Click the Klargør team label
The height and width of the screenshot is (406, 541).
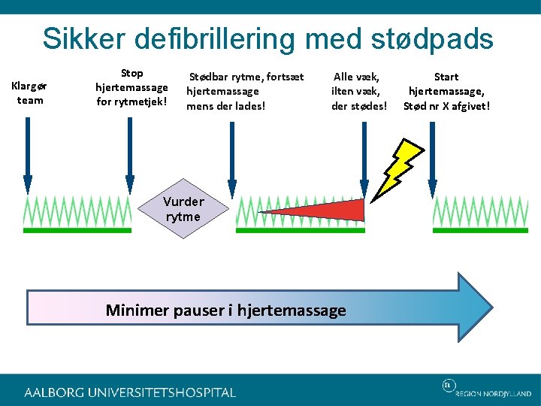29,94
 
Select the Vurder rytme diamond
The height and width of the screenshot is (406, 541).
183,210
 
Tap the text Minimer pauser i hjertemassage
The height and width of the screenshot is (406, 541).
225,310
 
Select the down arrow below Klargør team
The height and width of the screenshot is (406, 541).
29,150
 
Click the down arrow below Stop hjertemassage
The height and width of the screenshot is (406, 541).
130,150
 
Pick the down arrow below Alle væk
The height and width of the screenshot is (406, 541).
364,150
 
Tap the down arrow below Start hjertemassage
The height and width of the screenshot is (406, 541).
432,150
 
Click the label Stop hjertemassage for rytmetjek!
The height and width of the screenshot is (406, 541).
131,88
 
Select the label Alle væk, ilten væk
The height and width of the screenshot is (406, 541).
359,91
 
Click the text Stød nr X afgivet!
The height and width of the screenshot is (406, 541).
446,106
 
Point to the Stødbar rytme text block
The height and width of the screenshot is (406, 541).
245,91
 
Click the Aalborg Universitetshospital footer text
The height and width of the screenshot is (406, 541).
130,392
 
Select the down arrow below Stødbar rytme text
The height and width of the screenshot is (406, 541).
232,150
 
